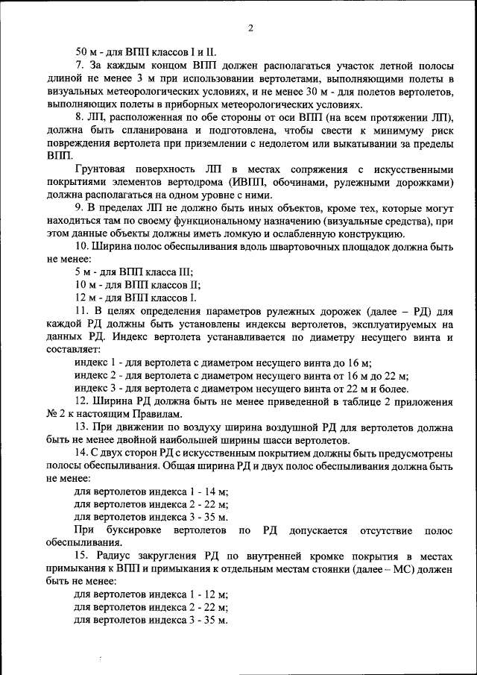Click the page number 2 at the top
coord(250,29)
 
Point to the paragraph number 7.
coord(80,66)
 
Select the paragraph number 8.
coord(80,119)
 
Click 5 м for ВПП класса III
coord(83,275)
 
